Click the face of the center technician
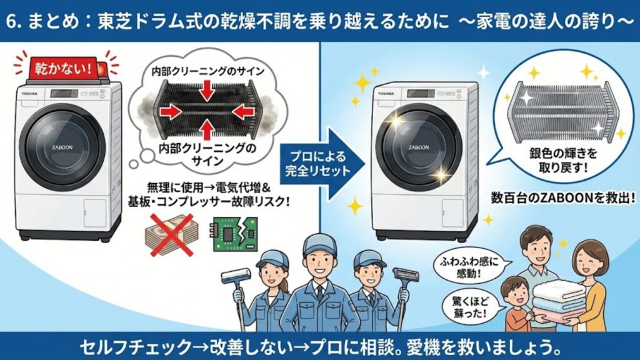319,259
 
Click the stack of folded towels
558,300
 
